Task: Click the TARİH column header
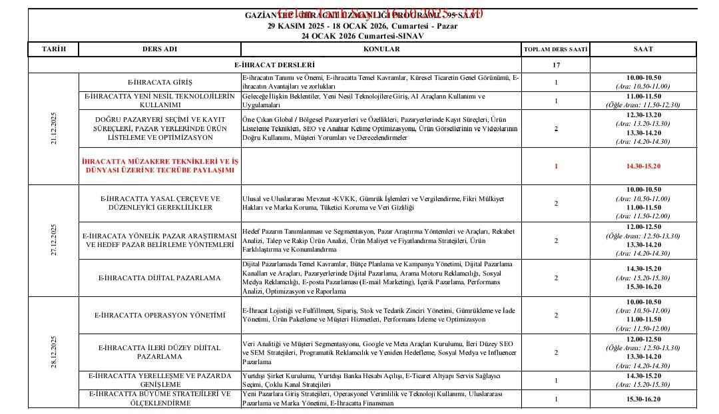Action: click(54, 50)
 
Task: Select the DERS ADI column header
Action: click(160, 50)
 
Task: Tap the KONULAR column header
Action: click(381, 50)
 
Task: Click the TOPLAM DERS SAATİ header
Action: click(555, 50)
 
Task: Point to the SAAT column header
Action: click(643, 50)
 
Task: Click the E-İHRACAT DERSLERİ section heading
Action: click(274, 65)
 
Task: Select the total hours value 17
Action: click(556, 65)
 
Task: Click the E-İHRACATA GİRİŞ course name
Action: click(160, 82)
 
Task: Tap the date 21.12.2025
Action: click(53, 127)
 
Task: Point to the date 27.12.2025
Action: click(53, 239)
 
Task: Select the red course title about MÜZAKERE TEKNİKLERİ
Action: click(160, 166)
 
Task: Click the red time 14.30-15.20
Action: click(643, 166)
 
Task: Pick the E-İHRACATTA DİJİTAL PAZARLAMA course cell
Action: click(160, 278)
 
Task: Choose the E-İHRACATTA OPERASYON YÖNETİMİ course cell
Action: click(160, 315)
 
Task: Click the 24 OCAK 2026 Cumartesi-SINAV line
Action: click(363, 35)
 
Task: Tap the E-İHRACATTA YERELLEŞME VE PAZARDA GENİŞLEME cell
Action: click(160, 380)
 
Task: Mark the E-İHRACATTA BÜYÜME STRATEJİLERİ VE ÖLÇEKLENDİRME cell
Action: click(160, 399)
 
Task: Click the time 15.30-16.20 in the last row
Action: click(643, 399)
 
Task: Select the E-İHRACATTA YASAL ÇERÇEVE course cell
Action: click(160, 202)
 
